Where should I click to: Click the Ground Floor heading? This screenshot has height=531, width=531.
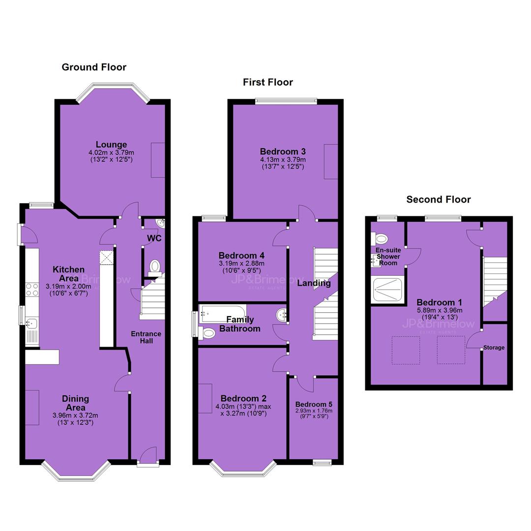click(94, 67)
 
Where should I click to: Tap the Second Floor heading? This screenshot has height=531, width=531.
click(438, 200)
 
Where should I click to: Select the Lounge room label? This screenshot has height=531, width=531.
click(111, 145)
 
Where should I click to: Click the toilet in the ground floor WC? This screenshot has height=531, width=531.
click(155, 267)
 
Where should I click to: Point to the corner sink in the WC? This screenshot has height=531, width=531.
click(160, 223)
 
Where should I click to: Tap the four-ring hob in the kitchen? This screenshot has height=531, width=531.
click(32, 290)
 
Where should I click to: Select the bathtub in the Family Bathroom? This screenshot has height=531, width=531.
click(223, 314)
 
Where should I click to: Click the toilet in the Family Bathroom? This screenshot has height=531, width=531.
click(206, 333)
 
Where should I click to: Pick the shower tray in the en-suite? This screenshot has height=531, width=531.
click(387, 290)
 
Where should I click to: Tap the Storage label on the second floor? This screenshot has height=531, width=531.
click(494, 348)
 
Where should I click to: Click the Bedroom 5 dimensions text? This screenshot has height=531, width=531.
click(314, 413)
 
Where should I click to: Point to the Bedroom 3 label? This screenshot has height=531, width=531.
click(283, 151)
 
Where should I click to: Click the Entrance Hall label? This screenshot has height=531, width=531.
click(147, 337)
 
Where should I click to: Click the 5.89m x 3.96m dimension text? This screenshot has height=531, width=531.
click(440, 310)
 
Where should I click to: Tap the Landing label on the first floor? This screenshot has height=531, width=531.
click(314, 283)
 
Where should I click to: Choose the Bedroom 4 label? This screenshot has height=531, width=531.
click(241, 255)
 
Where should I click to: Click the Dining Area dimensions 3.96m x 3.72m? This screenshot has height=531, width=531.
click(75, 415)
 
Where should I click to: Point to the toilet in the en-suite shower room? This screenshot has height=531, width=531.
click(379, 239)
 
